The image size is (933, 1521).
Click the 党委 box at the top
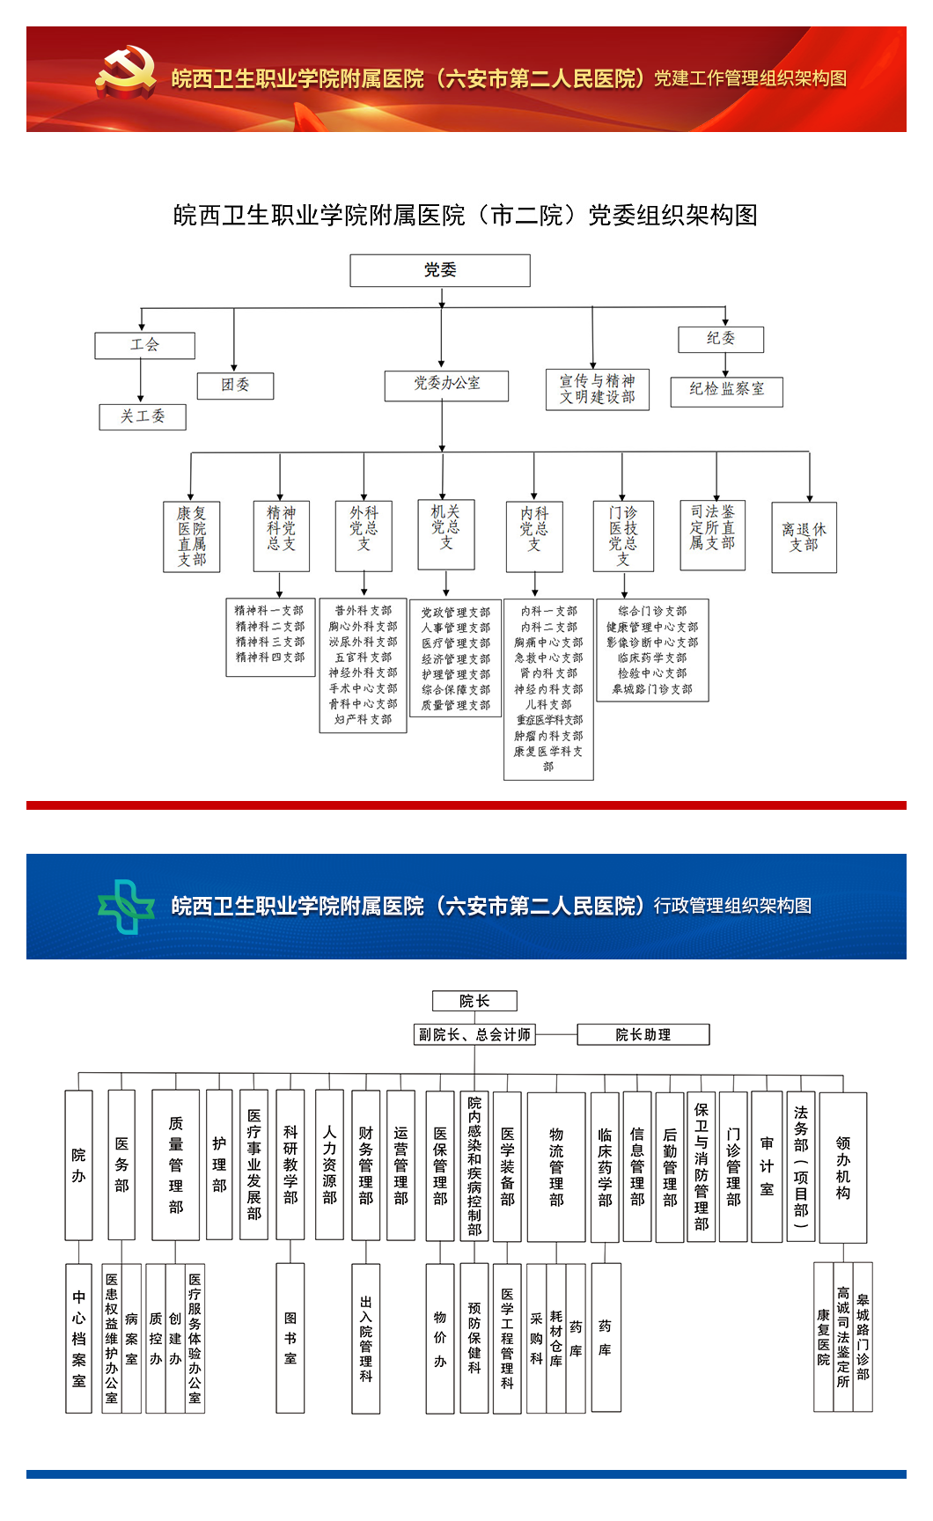[x=440, y=270]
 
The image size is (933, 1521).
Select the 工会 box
[x=145, y=345]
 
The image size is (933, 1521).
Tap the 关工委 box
[x=143, y=416]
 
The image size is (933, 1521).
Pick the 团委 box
[x=235, y=386]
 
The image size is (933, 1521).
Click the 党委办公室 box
[x=446, y=386]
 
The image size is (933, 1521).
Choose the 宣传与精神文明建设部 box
[x=598, y=389]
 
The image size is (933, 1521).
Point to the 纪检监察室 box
[x=726, y=390]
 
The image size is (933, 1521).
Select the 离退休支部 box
[x=804, y=537]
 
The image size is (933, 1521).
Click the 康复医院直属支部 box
[x=192, y=536]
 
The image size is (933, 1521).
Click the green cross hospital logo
[x=127, y=906]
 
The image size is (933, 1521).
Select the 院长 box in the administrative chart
[x=474, y=1001]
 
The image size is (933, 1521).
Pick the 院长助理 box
[x=643, y=1034]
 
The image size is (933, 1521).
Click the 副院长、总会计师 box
[x=474, y=1034]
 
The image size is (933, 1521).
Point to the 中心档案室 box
[x=78, y=1338]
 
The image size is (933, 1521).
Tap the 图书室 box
[x=290, y=1338]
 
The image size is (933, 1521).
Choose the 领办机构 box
[x=842, y=1167]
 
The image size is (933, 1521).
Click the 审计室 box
[x=767, y=1166]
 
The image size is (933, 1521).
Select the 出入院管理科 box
[x=366, y=1338]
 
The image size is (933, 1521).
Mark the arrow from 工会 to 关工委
[x=141, y=381]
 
